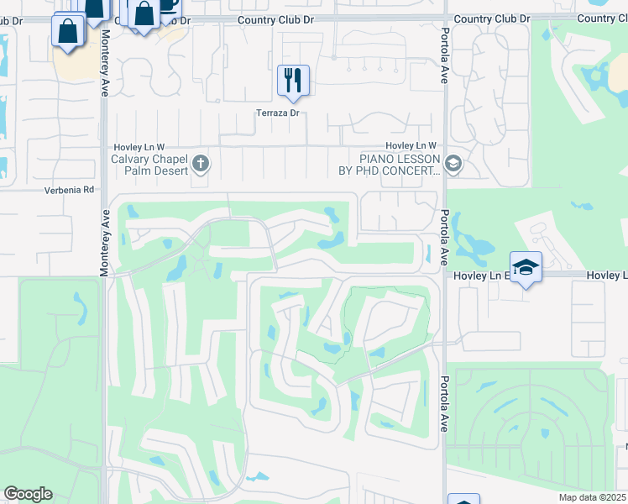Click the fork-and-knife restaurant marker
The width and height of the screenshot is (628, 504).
tap(293, 81)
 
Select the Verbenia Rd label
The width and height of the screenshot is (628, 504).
tap(70, 191)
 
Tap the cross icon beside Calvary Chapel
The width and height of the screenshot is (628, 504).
tap(200, 162)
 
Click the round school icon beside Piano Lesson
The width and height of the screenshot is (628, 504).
tap(454, 162)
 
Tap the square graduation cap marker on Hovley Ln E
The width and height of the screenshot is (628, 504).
tap(526, 267)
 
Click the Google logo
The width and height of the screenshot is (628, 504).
tap(28, 494)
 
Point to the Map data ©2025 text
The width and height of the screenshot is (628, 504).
tap(593, 497)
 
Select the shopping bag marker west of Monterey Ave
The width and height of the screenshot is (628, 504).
tap(67, 32)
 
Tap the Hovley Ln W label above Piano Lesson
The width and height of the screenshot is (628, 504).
tap(411, 146)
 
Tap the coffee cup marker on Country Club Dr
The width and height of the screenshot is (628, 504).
tap(168, 4)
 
